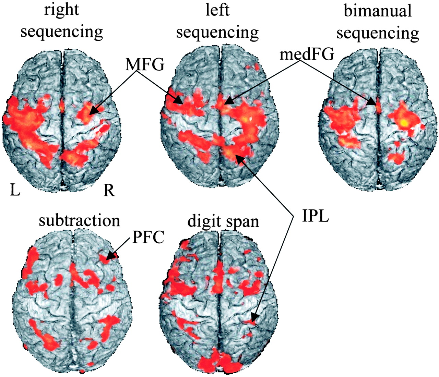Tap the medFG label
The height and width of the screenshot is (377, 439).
point(306,54)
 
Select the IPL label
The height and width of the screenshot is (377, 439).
point(315,217)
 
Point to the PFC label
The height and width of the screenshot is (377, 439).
point(148,237)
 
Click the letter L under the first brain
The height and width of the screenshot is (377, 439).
point(15,190)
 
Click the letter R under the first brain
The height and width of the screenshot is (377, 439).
point(109,190)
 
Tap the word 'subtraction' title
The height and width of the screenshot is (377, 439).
point(80,220)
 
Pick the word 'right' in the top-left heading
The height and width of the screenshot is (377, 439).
point(62,10)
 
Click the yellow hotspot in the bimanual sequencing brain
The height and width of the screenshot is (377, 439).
point(404,122)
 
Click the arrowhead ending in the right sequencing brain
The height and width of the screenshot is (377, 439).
point(90,113)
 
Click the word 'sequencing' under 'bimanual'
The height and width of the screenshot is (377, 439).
point(378,33)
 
